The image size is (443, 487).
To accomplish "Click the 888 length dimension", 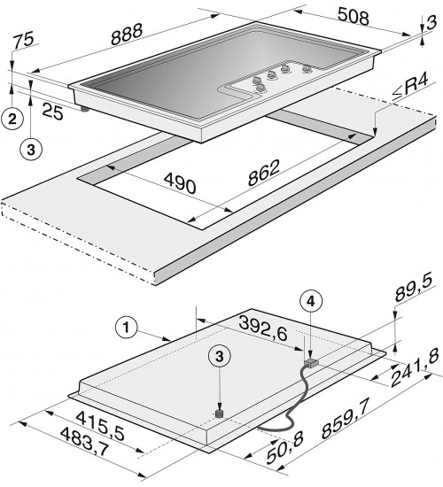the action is click(127, 34).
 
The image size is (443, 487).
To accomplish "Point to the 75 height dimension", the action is click(23, 40).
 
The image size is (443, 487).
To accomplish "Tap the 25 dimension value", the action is click(53, 111).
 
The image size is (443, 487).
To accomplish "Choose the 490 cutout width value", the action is click(180, 183).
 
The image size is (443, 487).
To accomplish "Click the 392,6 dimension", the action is click(263, 329).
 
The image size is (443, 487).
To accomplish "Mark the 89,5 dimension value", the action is click(414, 289).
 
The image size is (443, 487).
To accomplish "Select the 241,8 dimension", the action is click(415, 369).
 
